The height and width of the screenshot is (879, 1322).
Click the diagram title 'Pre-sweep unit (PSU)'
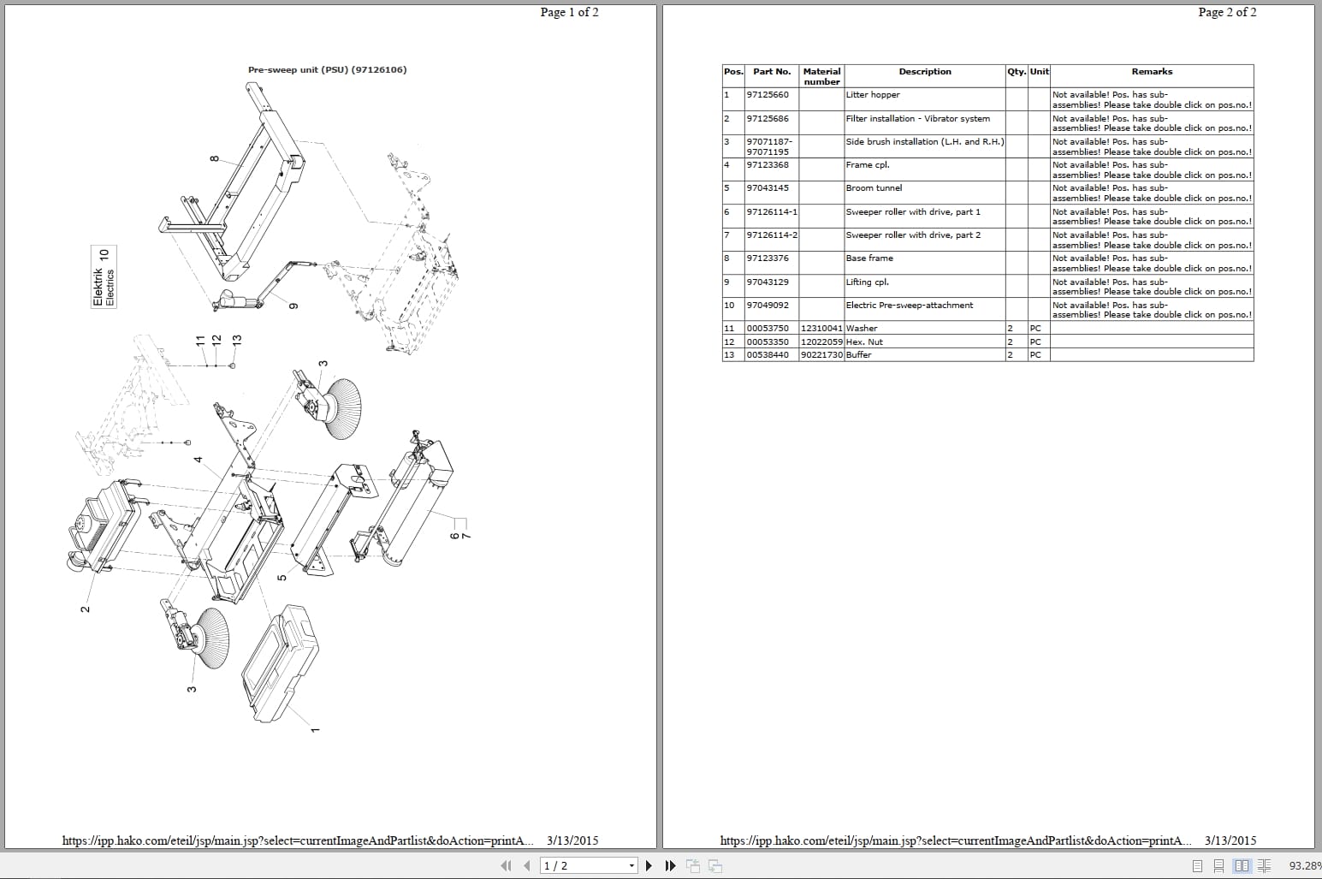327,70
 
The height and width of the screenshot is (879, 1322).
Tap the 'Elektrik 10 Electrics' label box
104,277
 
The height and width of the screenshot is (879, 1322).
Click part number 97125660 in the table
768,95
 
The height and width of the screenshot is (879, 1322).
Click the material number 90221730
821,354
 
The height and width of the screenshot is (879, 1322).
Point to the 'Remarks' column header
1151,72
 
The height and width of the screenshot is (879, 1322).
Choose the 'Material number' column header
821,76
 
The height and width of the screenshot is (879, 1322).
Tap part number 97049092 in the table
768,306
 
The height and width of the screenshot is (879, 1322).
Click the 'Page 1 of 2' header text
569,12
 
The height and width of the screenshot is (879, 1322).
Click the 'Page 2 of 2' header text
1227,12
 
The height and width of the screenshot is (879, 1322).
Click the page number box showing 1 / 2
589,865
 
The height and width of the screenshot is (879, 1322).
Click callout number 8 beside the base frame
214,158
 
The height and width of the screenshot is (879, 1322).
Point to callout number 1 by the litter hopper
314,730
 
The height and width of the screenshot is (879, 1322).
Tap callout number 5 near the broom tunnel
282,577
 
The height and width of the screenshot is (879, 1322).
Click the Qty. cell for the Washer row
1016,329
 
